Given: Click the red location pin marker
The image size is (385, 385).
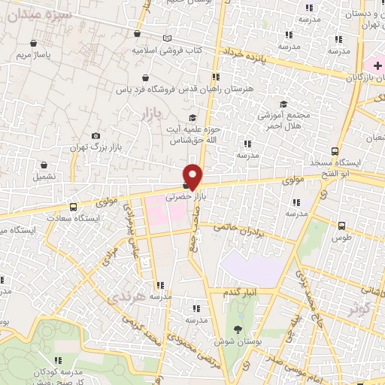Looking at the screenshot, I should pos(194,176).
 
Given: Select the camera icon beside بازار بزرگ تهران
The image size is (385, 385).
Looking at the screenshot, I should pos(95,135).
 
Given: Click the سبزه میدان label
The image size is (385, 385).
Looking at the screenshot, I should pos(46,15).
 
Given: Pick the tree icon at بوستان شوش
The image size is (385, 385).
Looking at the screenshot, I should pos(238,329).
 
